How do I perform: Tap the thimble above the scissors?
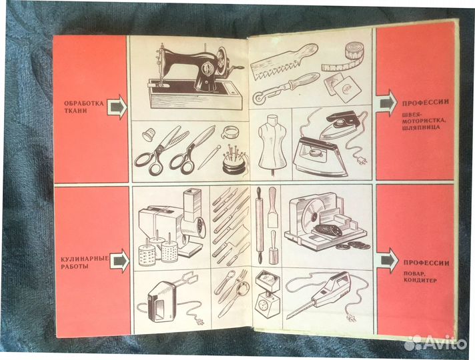pyautogui.click(x=148, y=134)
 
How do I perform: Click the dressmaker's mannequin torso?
pyautogui.click(x=272, y=142)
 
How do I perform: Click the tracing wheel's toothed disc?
pyautogui.click(x=259, y=99)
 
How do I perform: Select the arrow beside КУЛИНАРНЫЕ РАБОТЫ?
pyautogui.click(x=119, y=261)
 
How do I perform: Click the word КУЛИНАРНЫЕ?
pyautogui.click(x=85, y=259)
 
